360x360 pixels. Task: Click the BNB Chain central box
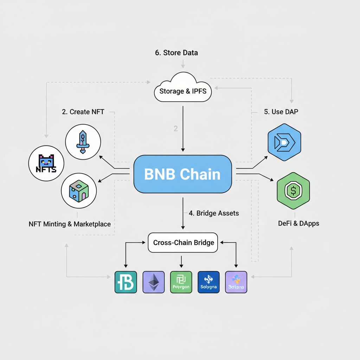point(182,174)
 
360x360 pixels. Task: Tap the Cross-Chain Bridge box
point(184,243)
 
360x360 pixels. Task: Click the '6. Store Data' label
point(176,53)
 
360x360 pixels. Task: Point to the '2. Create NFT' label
point(83,112)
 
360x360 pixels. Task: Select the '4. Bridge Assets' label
point(213,213)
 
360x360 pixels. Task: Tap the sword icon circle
point(83,142)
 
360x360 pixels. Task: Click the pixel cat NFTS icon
point(46,163)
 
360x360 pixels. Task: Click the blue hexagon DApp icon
point(284,142)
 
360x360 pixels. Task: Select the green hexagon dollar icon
point(293,191)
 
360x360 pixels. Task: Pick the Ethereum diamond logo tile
point(153,282)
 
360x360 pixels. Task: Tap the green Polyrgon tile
point(181,282)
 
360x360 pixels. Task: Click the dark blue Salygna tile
point(208,282)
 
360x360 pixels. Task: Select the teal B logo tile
point(126,282)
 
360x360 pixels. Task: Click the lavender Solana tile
point(236,282)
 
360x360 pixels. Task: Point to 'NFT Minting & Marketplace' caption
point(70,224)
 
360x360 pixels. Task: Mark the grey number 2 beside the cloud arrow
point(176,129)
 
